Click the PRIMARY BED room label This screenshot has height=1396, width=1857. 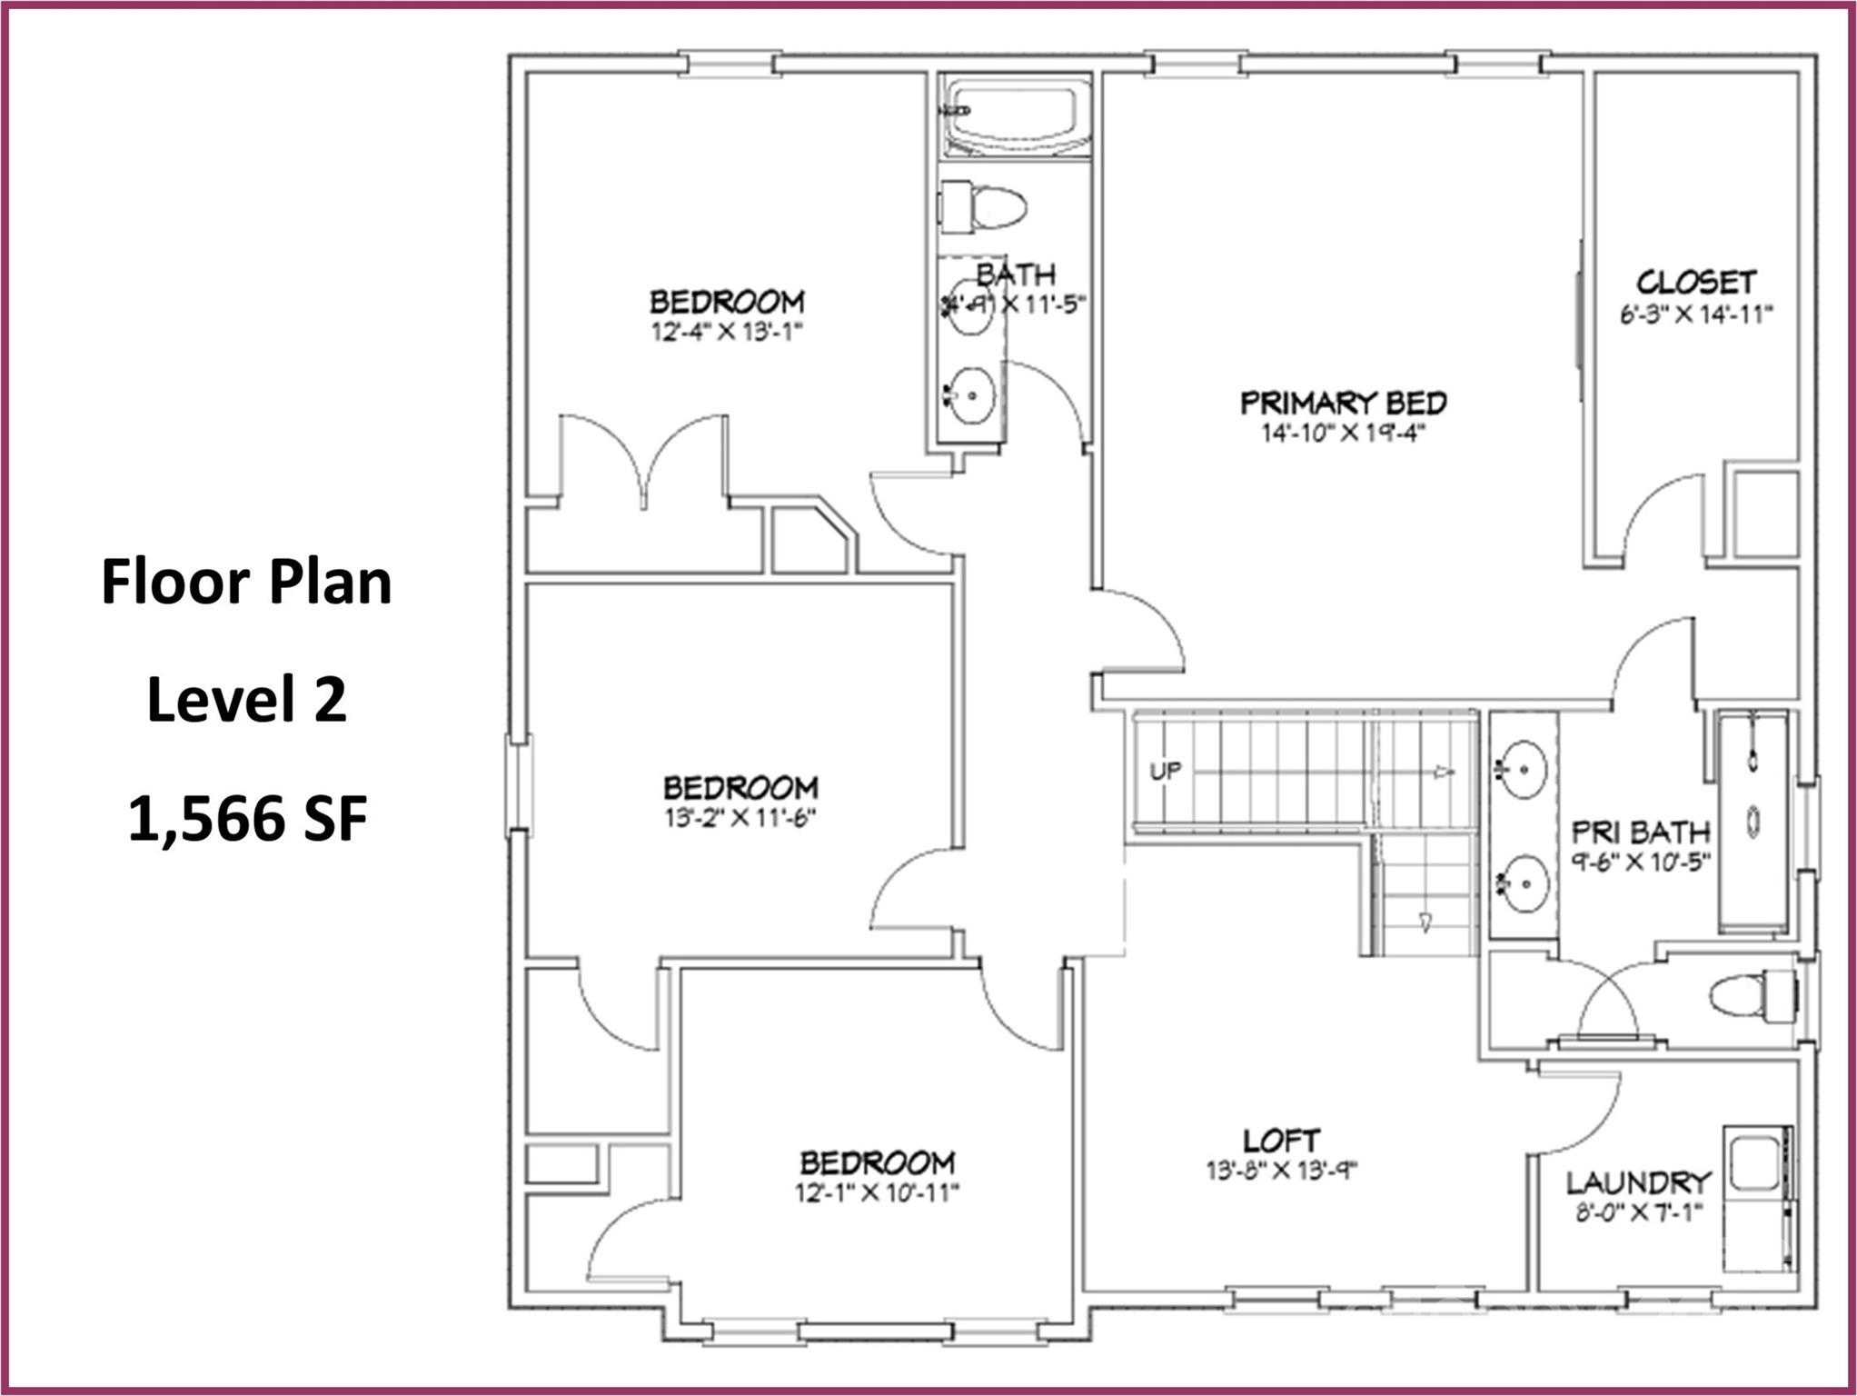pos(1343,402)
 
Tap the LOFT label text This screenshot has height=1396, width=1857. pos(1281,1141)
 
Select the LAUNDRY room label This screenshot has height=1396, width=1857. pos(1638,1182)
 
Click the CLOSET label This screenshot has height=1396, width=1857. pos(1696,282)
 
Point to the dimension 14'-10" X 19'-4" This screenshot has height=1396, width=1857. pos(1342,434)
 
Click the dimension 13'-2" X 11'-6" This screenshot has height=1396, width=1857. pos(740,819)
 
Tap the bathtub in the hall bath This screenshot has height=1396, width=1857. pos(1016,116)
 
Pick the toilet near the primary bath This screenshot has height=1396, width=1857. pos(1754,996)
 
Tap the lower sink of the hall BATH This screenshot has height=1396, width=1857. pos(971,395)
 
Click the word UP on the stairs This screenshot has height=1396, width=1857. pos(1166,771)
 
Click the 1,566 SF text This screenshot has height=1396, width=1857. pos(247,818)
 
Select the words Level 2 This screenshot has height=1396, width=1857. pos(247,699)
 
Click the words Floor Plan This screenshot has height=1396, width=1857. pos(246,582)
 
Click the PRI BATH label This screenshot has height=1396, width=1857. pos(1640,832)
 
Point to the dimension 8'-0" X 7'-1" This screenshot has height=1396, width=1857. pos(1638,1212)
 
